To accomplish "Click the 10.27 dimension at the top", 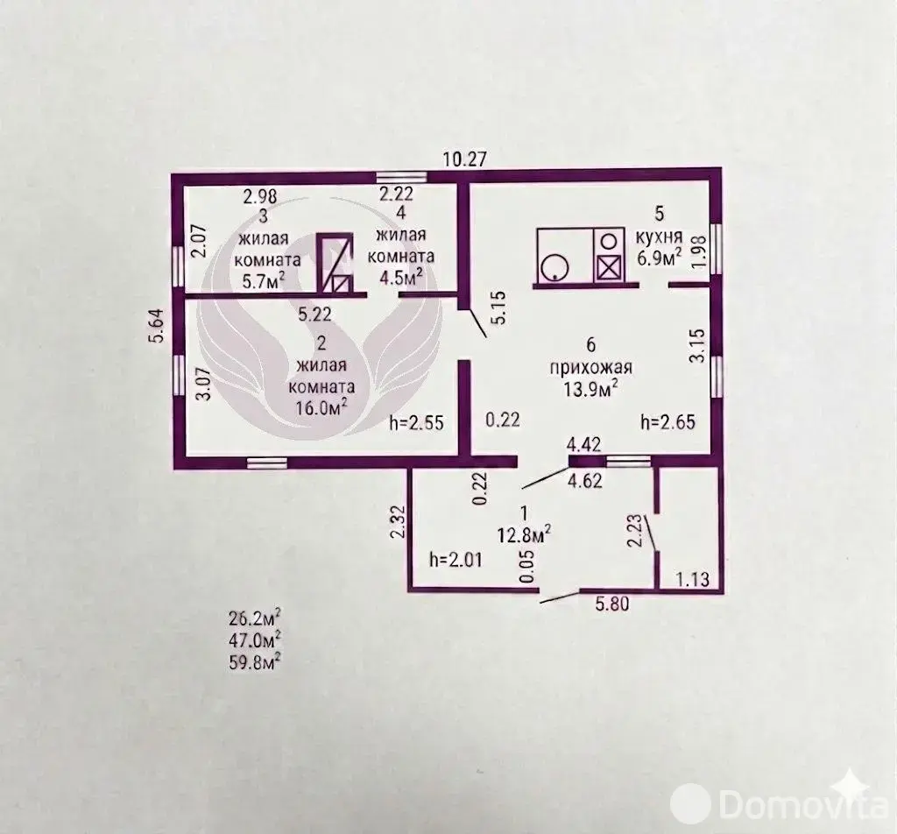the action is click(465, 159).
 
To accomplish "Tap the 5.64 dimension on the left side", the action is click(156, 326).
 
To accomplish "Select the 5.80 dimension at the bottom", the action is click(611, 604).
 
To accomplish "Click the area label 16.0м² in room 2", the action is click(321, 407).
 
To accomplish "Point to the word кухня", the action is click(659, 236).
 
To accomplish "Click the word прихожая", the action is click(591, 367).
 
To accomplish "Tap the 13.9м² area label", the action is click(591, 389).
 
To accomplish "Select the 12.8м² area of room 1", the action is click(525, 534).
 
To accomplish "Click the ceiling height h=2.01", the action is click(456, 560).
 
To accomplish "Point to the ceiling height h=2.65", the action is click(668, 422).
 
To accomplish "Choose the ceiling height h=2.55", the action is click(416, 422).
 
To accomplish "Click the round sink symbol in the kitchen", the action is click(554, 267).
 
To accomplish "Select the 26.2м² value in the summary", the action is click(255, 618).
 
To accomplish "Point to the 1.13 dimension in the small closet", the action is click(693, 579).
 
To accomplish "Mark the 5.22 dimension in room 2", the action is click(314, 314).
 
